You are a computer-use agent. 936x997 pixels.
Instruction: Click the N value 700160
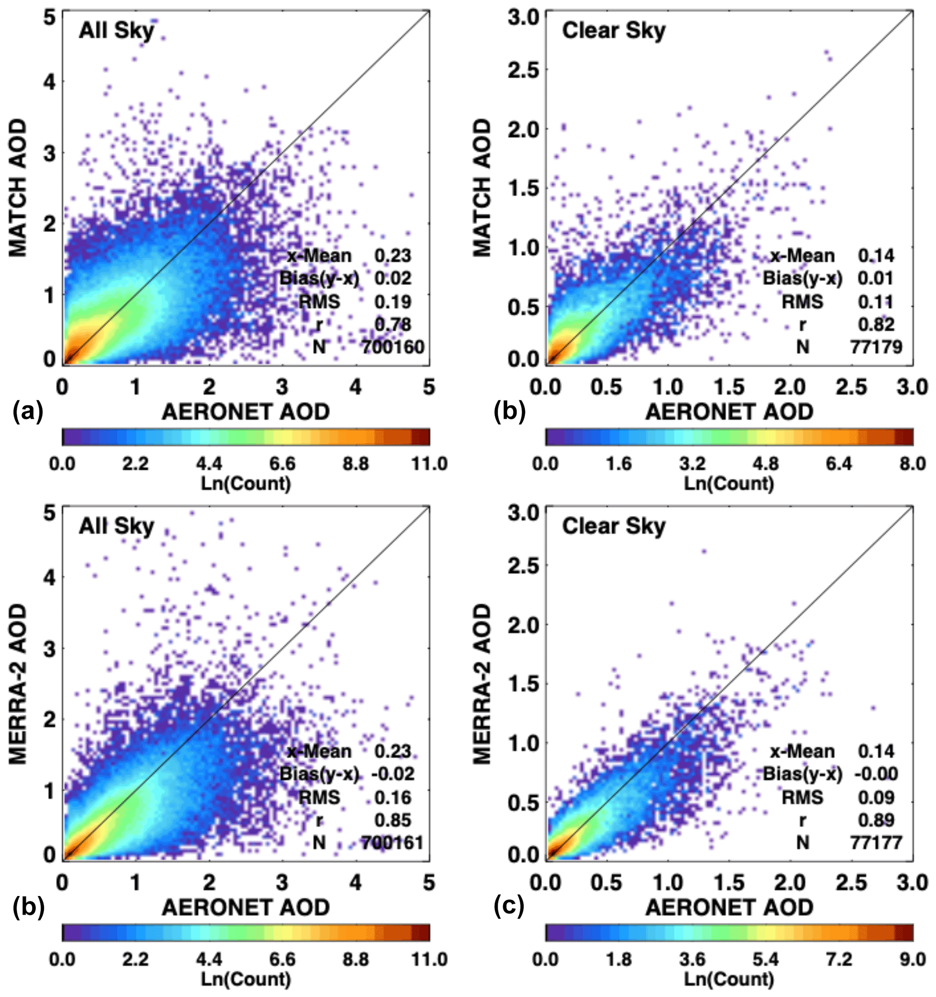(x=393, y=347)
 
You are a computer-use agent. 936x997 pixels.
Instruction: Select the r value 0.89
(x=876, y=820)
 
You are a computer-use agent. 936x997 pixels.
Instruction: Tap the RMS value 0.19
(x=393, y=302)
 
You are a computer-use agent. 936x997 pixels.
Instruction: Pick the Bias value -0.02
(x=393, y=774)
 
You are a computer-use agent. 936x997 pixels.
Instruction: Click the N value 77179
(x=876, y=347)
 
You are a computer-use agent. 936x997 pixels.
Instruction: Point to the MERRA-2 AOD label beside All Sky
(x=18, y=684)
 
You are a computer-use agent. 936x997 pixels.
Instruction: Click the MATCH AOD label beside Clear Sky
(x=482, y=188)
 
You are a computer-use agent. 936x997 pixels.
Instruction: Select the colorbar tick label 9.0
(x=912, y=959)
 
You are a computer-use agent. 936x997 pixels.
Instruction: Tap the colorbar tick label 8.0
(x=912, y=464)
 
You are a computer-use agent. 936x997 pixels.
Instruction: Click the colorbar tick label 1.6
(x=619, y=464)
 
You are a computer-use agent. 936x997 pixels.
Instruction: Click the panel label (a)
(x=28, y=411)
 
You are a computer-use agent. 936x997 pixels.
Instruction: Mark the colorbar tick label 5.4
(x=765, y=959)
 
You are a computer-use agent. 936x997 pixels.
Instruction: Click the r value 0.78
(x=393, y=325)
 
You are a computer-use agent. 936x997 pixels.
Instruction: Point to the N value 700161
(x=393, y=843)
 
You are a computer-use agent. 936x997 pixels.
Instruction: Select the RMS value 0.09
(x=876, y=797)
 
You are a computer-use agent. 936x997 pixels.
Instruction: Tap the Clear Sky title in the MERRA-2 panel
(x=614, y=526)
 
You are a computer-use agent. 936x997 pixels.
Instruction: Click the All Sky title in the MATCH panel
(x=116, y=31)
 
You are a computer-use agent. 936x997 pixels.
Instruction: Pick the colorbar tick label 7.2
(x=839, y=959)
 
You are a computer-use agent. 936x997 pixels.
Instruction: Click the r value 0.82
(x=876, y=325)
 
